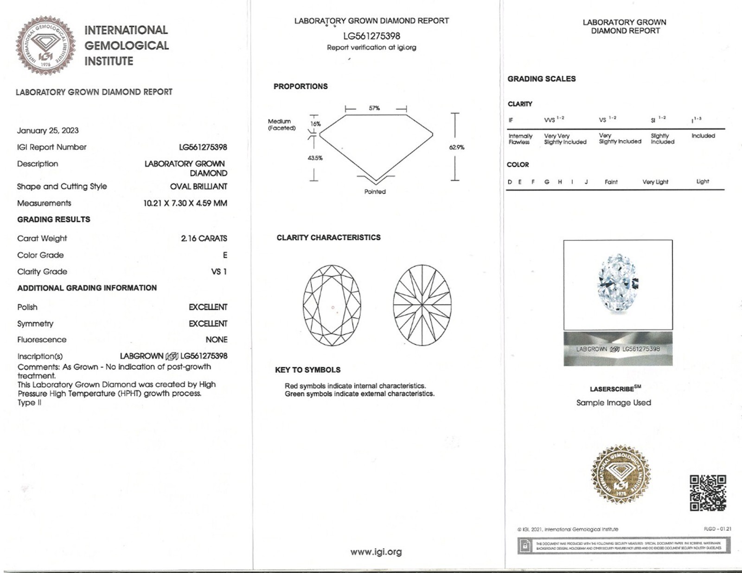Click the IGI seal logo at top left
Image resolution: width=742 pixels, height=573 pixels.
tap(45, 45)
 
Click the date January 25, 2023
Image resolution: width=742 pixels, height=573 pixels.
tap(48, 130)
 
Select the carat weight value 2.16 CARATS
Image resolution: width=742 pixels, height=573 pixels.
tap(204, 238)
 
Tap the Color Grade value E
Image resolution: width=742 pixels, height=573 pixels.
tap(225, 255)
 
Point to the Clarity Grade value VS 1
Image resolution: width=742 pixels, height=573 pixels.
tap(219, 272)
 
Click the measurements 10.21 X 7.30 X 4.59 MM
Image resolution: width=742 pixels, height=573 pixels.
tap(185, 203)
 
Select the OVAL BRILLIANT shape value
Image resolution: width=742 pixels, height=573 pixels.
tap(198, 186)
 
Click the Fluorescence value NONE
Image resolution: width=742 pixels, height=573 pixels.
tap(216, 339)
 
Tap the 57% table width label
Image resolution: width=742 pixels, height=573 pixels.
tap(374, 108)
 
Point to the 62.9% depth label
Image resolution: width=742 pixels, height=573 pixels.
tap(456, 147)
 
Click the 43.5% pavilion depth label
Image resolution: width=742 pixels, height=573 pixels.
tap(315, 158)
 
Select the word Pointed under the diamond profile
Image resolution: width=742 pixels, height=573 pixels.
tap(375, 191)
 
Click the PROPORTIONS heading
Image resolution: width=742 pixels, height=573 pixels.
tap(301, 86)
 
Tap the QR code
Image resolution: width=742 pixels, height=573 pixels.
tap(708, 493)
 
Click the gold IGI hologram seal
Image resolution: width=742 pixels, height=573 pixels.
tap(620, 474)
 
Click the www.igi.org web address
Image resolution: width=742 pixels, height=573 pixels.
tap(376, 552)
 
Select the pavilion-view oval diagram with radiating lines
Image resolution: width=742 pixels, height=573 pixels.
tap(422, 305)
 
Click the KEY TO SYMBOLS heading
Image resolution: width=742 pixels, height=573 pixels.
tap(307, 370)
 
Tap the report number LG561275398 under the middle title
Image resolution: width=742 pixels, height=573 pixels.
tap(371, 36)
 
